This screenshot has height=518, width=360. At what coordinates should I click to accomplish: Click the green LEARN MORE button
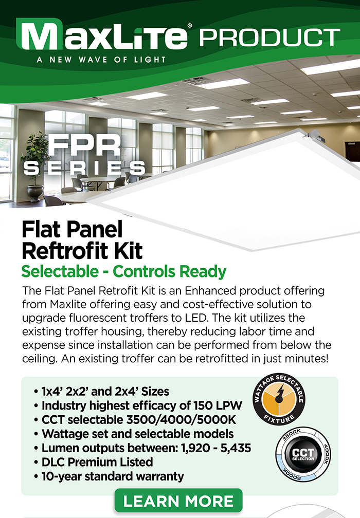[178, 501]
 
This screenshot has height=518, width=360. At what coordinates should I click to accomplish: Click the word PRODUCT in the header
[269, 37]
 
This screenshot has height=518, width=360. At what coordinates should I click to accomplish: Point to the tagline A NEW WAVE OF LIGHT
[101, 60]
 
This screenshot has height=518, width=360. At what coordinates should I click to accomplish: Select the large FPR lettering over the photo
[85, 145]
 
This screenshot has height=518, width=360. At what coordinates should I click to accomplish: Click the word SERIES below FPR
[84, 168]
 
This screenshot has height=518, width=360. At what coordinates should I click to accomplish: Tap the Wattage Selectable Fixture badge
[279, 399]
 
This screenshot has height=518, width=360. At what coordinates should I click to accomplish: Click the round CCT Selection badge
[303, 454]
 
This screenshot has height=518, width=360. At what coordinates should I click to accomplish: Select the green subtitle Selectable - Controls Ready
[124, 271]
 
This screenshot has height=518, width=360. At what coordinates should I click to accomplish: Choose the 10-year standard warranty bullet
[109, 476]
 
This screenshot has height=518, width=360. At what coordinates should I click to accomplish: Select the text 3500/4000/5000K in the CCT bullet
[181, 419]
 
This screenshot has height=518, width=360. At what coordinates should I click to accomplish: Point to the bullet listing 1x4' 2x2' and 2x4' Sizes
[101, 392]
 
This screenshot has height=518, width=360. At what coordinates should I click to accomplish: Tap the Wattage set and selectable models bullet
[134, 434]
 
